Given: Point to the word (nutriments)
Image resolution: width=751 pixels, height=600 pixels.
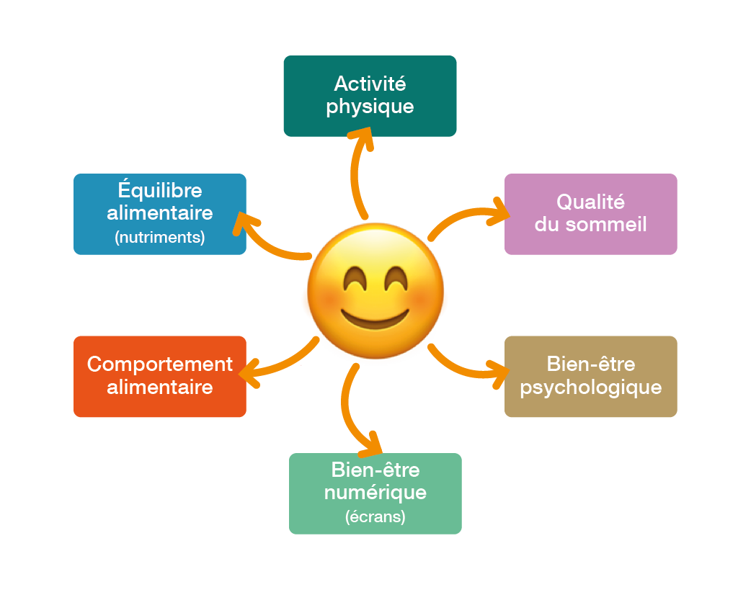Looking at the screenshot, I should coord(160,237).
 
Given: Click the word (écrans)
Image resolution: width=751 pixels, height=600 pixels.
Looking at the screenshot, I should coord(375,516).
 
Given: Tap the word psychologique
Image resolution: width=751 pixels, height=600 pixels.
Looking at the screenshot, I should coord(590,388).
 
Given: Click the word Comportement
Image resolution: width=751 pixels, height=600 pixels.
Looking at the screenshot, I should coord(160,364).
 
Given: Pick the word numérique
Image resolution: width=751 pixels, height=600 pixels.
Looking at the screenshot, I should coord(375,493).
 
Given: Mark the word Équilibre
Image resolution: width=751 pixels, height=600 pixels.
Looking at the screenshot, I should coord(160,191).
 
